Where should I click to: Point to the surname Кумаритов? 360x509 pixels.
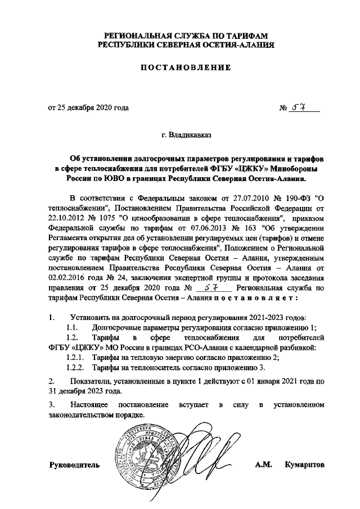coord(305,465)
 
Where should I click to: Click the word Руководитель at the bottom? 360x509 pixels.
coord(75,465)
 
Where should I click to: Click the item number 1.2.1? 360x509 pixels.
coord(75,357)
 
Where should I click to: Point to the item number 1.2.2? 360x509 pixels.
coord(75,367)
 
